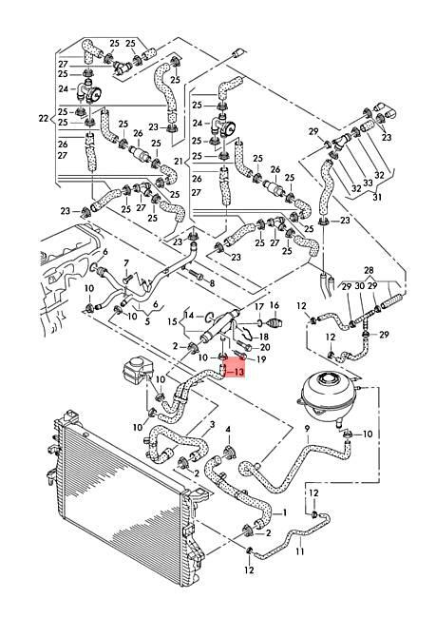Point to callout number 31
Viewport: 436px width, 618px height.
pos(378,198)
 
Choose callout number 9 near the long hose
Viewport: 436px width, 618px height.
pos(308,430)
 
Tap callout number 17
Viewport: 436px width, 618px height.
pos(256,306)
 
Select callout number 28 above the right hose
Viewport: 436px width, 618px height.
pos(370,271)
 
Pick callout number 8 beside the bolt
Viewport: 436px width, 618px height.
pos(211,283)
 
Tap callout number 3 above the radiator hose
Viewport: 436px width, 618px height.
pos(212,424)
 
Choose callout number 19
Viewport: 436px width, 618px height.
pos(261,359)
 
